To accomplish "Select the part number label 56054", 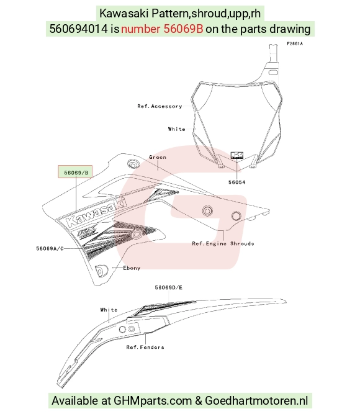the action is point(236,182).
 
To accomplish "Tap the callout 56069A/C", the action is point(50,248).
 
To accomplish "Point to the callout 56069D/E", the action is point(168,287).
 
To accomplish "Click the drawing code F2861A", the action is point(295,43).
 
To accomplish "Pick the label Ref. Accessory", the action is point(160,106).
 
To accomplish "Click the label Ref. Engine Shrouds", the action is point(223,243).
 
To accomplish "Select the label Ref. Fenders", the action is point(145,347).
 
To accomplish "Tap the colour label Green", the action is point(158,157).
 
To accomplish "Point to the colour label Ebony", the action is point(132,268).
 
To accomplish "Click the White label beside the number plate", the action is point(176,129).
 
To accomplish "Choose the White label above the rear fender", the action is point(109,310).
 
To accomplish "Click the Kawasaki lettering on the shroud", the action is point(96,212).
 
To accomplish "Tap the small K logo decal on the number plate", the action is point(237,155).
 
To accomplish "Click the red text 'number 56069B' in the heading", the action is point(162,29).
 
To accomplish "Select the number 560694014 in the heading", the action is point(78,29).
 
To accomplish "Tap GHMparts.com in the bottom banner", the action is point(153,401).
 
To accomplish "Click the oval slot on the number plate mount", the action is point(273,73).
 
